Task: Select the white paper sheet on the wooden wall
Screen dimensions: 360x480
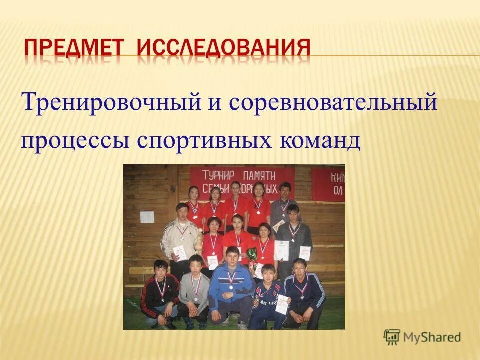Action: coord(147,216)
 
